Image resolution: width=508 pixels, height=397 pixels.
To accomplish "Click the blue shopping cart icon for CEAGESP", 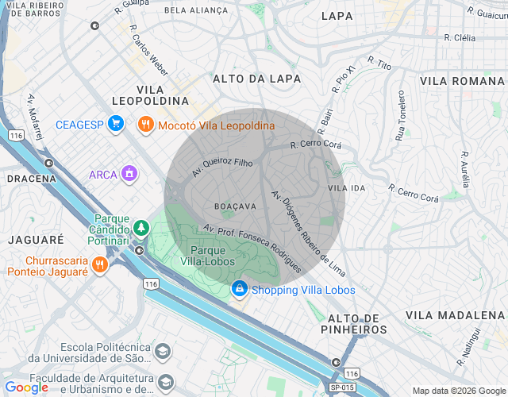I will pyautogui.click(x=116, y=124).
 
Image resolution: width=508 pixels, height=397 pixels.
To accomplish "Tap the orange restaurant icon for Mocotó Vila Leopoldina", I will pyautogui.click(x=144, y=124).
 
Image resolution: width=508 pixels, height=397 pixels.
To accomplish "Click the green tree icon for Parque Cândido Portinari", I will pyautogui.click(x=140, y=228).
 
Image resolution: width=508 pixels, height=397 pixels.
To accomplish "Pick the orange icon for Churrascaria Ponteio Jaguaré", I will pyautogui.click(x=99, y=264).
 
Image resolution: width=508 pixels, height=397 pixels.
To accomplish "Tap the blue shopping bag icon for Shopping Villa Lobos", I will pyautogui.click(x=240, y=289).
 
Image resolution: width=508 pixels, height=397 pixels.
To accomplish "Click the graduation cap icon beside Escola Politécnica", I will pyautogui.click(x=163, y=351).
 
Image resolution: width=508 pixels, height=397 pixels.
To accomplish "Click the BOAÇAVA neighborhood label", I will pyautogui.click(x=236, y=206).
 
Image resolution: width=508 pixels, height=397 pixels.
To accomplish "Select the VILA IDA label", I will pyautogui.click(x=346, y=188).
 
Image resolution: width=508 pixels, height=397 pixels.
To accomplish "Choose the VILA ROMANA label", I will pyautogui.click(x=462, y=81).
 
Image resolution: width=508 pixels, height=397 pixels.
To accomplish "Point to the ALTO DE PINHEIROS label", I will pyautogui.click(x=354, y=323).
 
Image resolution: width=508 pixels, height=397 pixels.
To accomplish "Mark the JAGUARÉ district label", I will pyautogui.click(x=36, y=239).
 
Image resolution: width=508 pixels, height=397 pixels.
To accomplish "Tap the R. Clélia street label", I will pyautogui.click(x=460, y=37).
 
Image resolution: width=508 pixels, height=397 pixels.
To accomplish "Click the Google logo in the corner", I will pyautogui.click(x=26, y=387).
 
